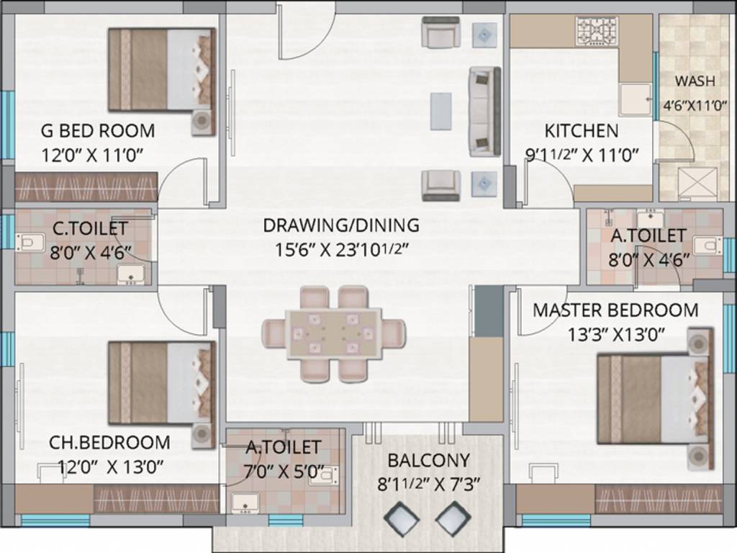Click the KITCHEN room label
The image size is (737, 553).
pyautogui.click(x=581, y=130)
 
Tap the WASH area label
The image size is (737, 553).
pyautogui.click(x=695, y=79)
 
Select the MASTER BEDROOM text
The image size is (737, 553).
pyautogui.click(x=615, y=310)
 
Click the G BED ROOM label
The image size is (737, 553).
pyautogui.click(x=97, y=131)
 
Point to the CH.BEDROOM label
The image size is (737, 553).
pyautogui.click(x=109, y=442)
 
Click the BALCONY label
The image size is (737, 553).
pyautogui.click(x=428, y=460)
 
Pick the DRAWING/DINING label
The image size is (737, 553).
pyautogui.click(x=340, y=225)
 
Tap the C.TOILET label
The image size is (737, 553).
pyautogui.click(x=90, y=228)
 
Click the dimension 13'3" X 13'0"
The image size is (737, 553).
pyautogui.click(x=615, y=334)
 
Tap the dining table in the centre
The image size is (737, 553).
pyautogui.click(x=333, y=333)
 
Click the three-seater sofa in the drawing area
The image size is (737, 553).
pyautogui.click(x=484, y=111)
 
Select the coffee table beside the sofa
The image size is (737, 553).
pyautogui.click(x=441, y=111)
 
